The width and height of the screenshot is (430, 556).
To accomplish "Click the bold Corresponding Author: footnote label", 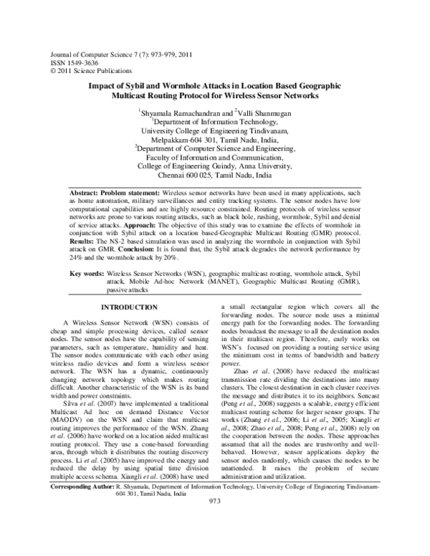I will [84, 527].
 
